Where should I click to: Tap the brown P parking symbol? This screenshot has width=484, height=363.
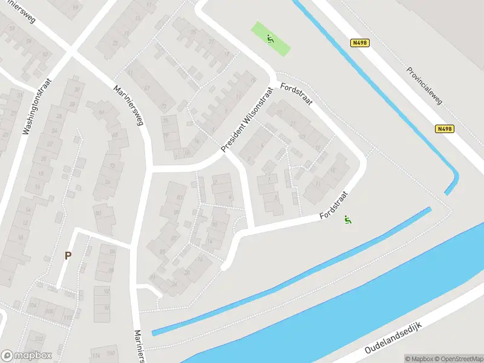tap(68, 255)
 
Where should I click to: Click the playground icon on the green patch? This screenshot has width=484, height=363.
tap(270, 40)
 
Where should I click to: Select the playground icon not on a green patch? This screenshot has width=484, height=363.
tap(348, 220)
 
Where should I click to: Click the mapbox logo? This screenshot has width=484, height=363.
tap(27, 355)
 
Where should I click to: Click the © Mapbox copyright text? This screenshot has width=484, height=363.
tap(419, 359)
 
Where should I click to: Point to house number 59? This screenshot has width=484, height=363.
tap(76, 8)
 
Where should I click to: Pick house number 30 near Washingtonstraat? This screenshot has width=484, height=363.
tap(77, 90)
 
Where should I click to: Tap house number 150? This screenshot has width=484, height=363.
tap(111, 353)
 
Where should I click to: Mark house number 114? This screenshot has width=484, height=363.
tap(96, 355)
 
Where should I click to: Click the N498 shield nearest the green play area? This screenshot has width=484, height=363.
tap(359, 42)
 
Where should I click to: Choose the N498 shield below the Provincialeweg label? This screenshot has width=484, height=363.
tap(444, 129)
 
